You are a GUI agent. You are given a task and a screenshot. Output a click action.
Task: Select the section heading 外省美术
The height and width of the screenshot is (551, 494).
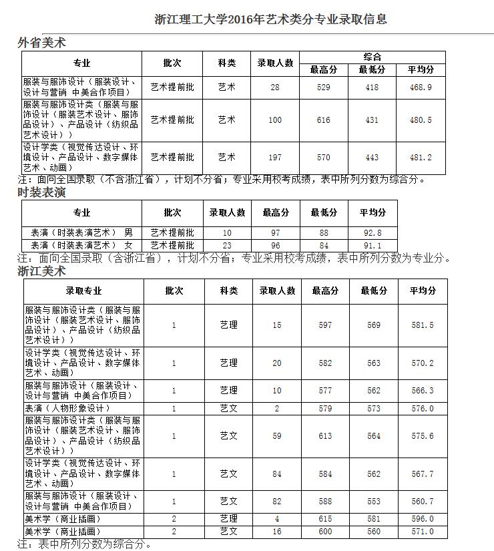41,43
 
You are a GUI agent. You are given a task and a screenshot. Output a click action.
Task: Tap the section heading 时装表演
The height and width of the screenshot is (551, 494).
41,192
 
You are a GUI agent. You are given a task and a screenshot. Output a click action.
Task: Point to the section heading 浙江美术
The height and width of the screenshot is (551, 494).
41,271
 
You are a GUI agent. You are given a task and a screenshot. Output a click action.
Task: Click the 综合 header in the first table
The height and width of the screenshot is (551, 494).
373,57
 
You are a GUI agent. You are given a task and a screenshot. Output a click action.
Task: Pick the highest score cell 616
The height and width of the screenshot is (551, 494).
324,120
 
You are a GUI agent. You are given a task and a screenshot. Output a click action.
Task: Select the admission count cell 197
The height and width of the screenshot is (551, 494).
275,158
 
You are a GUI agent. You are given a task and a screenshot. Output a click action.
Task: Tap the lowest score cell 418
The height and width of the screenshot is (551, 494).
373,87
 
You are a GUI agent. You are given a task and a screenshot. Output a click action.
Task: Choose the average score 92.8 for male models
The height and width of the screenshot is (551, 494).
373,232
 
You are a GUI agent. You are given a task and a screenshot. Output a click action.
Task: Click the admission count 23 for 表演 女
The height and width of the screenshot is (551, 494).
227,245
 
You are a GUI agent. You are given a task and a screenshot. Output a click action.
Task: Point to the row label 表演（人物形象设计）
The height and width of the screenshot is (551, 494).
67,408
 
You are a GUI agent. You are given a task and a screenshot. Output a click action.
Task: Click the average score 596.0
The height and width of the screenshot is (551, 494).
422,519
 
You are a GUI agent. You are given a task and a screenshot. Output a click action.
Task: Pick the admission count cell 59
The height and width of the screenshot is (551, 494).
277,436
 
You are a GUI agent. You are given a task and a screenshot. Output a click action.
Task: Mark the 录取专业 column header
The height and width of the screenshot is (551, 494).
83,291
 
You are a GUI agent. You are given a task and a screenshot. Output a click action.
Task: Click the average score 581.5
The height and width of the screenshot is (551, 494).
422,325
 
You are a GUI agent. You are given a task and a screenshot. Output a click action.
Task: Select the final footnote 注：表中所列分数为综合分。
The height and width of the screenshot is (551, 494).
85,544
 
